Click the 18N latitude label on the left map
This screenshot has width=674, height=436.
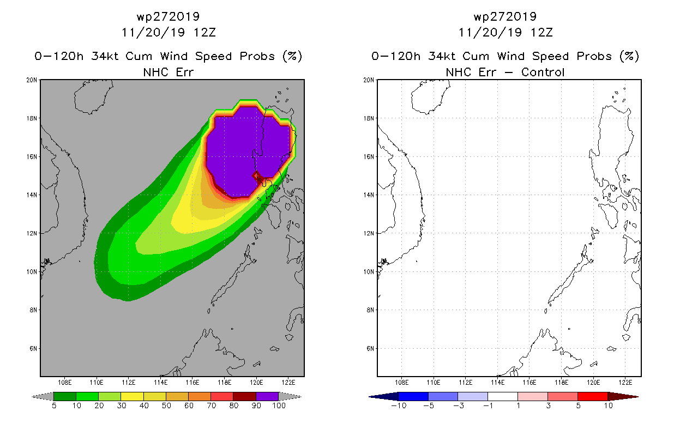pos(32,118)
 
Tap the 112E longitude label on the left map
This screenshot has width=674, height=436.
pos(129,383)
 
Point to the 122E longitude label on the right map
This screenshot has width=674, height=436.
pos(625,383)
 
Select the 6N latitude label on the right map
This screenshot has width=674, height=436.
pos(370,348)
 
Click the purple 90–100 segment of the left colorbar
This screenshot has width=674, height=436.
pos(267,396)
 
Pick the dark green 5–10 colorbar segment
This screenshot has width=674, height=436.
pos(65,396)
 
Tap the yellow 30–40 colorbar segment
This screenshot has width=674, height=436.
pos(132,396)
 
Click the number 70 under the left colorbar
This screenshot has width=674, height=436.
pos(211,405)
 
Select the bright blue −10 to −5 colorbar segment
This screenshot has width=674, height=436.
pos(413,396)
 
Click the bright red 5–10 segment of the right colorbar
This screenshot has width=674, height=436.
pos(593,396)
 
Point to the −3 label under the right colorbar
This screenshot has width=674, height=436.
pos(459,405)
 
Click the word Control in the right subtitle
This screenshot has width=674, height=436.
pos(543,72)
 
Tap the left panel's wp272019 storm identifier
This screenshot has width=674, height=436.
pos(168,16)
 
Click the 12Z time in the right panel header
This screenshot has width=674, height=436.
pos(541,33)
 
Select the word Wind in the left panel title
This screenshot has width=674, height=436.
pos(174,56)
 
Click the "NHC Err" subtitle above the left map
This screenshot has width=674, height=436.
pos(168,72)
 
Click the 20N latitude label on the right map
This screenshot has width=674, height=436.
pos(369,80)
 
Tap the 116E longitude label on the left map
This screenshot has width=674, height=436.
pos(192,383)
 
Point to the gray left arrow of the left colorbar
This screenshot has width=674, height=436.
pos(43,396)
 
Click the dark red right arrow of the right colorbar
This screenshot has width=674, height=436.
pos(623,396)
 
